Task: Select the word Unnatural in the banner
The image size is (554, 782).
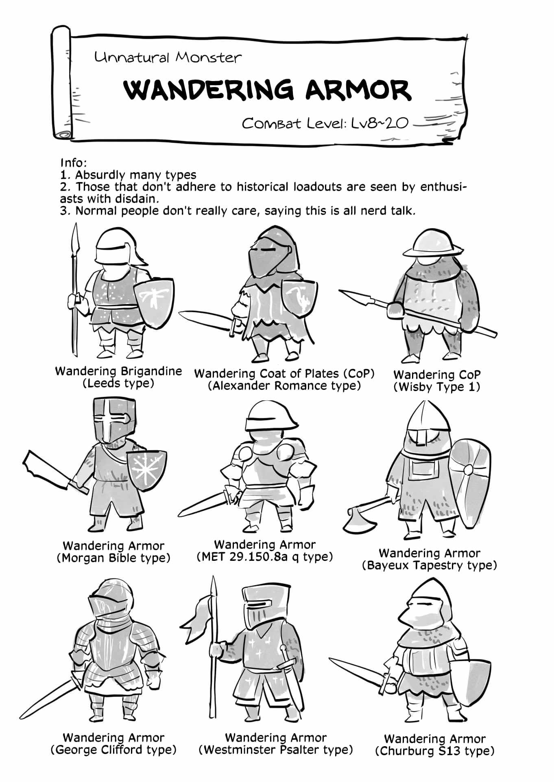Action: point(131,57)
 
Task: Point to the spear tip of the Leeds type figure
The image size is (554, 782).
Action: point(75,236)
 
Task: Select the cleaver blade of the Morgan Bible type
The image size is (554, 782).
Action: point(49,471)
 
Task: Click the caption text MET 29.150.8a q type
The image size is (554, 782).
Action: point(264,556)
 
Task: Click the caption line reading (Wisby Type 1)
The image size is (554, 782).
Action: point(437,387)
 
